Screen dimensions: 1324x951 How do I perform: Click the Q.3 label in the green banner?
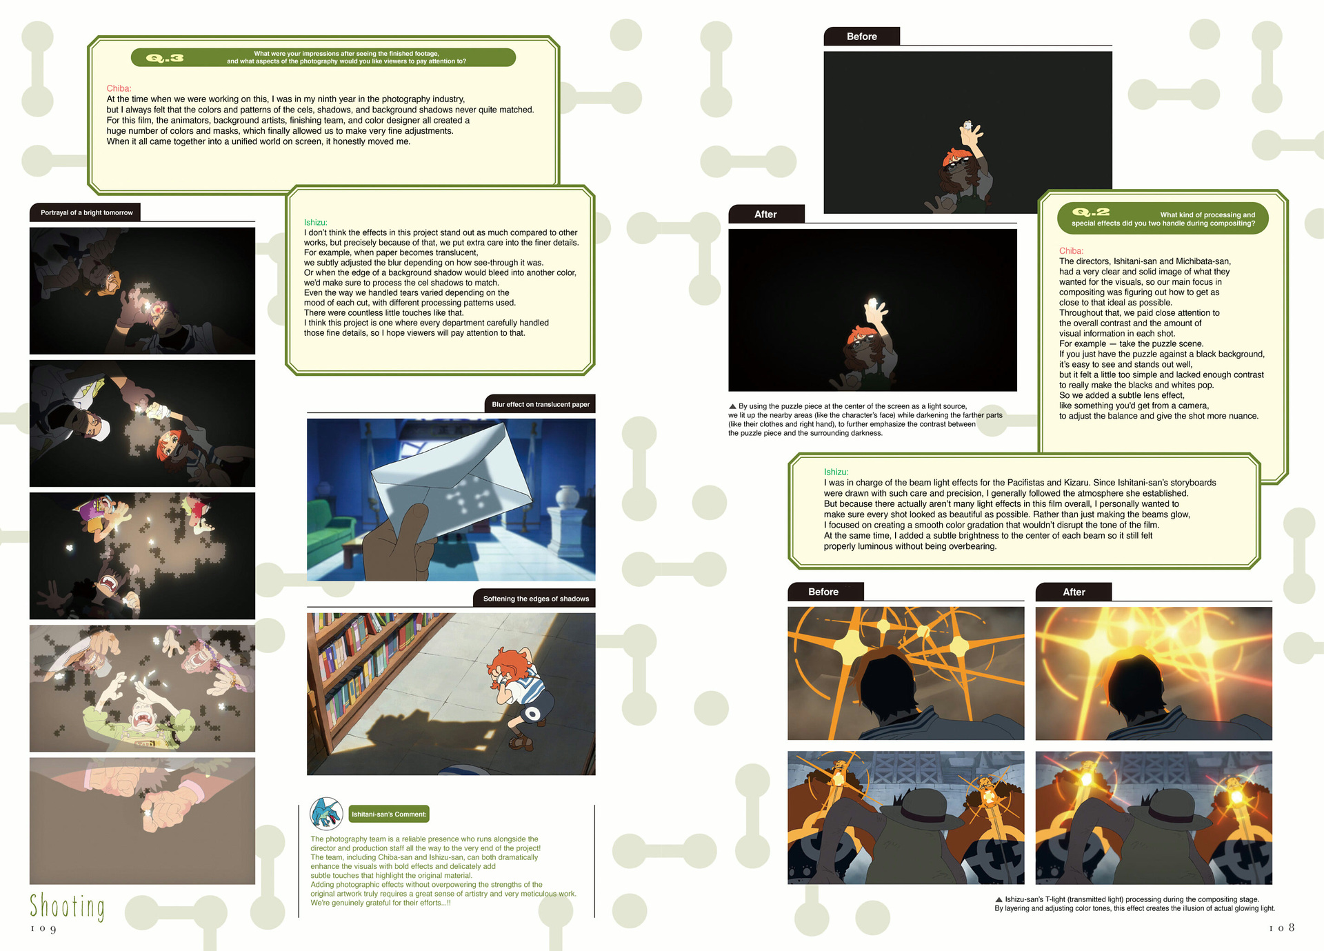point(165,58)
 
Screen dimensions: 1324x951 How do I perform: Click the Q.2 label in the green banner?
point(1091,212)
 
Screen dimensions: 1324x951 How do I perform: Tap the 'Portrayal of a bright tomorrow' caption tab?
point(86,212)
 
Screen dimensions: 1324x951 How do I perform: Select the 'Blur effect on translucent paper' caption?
point(541,404)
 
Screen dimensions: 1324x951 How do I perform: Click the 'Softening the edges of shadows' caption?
point(535,599)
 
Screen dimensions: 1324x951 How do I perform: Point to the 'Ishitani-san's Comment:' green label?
point(389,814)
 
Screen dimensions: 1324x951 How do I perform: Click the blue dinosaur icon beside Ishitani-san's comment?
point(326,813)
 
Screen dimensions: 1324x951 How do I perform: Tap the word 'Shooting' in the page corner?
point(67,907)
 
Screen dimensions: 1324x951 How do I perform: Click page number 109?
point(43,929)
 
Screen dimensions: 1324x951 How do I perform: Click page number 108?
point(1281,928)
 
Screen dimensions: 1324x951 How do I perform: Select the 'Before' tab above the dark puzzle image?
point(862,37)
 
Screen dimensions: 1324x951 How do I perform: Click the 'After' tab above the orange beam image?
point(1074,592)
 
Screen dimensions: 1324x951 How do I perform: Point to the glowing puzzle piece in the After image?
point(874,305)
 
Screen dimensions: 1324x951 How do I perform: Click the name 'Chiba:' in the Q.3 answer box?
point(119,88)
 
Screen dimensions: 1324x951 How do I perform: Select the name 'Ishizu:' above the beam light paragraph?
point(836,472)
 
